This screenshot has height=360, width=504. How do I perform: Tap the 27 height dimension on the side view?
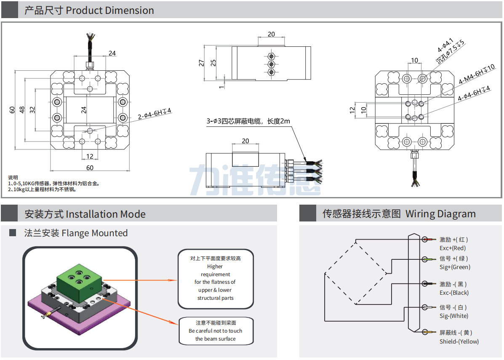point(202,63)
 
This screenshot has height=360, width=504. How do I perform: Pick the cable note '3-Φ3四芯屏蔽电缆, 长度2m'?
point(248,121)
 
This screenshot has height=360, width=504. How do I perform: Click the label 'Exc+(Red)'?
point(453,248)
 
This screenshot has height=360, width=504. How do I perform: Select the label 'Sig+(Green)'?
point(455,267)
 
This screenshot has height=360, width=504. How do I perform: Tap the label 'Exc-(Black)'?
point(454,293)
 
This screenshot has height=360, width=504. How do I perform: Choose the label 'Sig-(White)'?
point(453,316)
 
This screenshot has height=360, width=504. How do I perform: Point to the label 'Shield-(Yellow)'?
point(459,341)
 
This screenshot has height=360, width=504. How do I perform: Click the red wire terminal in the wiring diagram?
point(429,240)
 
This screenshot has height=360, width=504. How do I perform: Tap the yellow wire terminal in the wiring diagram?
point(429,333)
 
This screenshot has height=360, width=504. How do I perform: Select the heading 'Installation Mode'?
point(106,214)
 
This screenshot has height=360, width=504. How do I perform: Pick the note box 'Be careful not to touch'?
point(216,331)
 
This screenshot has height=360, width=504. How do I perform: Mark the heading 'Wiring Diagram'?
point(440,214)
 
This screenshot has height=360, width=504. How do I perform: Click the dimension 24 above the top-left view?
point(112,53)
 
